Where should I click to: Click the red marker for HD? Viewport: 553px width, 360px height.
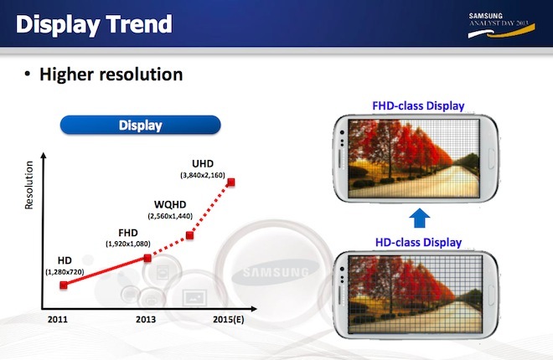point(64,285)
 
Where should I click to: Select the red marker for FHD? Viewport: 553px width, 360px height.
point(147,258)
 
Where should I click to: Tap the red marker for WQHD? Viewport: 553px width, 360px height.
point(189,235)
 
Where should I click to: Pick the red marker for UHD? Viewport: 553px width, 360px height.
point(231,183)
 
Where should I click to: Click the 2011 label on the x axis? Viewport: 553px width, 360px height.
point(58,320)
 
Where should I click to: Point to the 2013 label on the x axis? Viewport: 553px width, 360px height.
point(146,320)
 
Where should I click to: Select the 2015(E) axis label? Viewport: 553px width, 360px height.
point(229,320)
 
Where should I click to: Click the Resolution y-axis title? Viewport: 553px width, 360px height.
point(29,185)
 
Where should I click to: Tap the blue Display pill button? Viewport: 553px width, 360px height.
point(141,125)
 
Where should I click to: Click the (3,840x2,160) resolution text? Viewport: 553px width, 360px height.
point(203,175)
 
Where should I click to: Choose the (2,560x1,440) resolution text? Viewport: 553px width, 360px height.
point(170,216)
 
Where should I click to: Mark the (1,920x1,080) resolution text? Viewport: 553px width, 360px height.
point(128,244)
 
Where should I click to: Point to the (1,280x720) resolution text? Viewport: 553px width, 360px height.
point(65,272)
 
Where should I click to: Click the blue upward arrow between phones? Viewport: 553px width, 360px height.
point(419,218)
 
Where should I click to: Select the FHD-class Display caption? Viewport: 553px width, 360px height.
point(418,105)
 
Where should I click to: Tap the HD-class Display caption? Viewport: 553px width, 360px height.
point(418,242)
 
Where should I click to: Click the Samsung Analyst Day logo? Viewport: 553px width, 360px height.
point(501,25)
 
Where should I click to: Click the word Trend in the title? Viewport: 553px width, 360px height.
point(139,24)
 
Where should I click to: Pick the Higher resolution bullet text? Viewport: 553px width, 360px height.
point(111,75)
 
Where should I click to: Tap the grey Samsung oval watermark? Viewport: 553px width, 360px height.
point(276,271)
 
